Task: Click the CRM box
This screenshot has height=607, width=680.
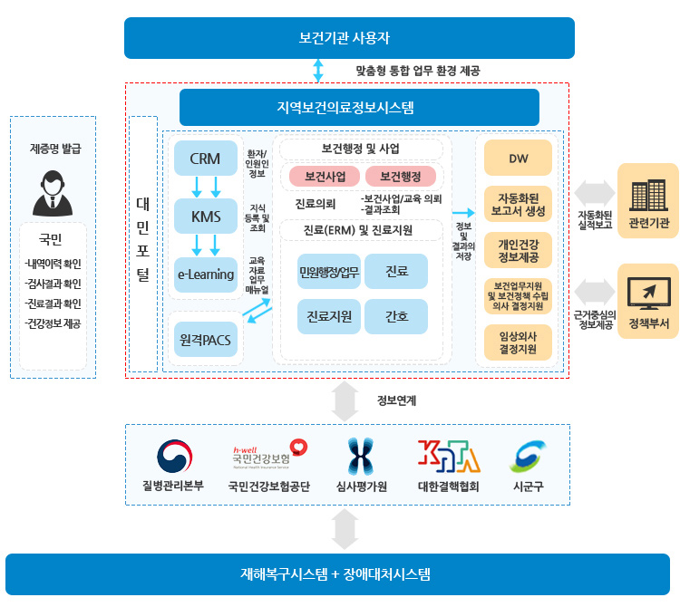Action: click(x=206, y=159)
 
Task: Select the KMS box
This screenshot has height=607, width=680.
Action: click(x=206, y=217)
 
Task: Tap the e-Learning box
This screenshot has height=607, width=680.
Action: click(x=206, y=275)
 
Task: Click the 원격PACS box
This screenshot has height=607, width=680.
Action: click(x=206, y=339)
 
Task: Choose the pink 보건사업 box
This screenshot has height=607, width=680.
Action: click(x=325, y=177)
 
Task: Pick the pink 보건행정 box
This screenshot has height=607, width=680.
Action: click(x=401, y=177)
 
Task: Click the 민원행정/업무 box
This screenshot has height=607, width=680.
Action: click(x=329, y=271)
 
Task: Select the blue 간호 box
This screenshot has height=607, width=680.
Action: click(x=396, y=316)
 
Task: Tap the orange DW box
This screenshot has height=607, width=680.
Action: click(x=518, y=159)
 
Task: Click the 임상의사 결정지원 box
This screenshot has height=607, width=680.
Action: click(x=518, y=342)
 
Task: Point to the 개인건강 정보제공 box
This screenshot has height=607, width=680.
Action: click(x=518, y=250)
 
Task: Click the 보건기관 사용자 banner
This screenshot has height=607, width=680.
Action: click(x=350, y=38)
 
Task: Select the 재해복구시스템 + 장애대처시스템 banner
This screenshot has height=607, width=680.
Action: click(x=338, y=574)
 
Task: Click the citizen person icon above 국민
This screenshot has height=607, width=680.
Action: click(x=53, y=193)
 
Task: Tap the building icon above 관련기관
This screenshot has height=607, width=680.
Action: click(x=649, y=195)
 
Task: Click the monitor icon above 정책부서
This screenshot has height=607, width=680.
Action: click(x=649, y=293)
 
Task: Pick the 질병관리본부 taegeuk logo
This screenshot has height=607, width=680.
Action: click(x=174, y=457)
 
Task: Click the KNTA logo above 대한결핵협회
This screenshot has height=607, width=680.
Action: click(x=449, y=456)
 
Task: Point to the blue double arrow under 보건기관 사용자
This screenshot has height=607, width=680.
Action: click(x=318, y=70)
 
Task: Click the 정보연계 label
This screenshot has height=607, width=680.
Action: click(x=396, y=400)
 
